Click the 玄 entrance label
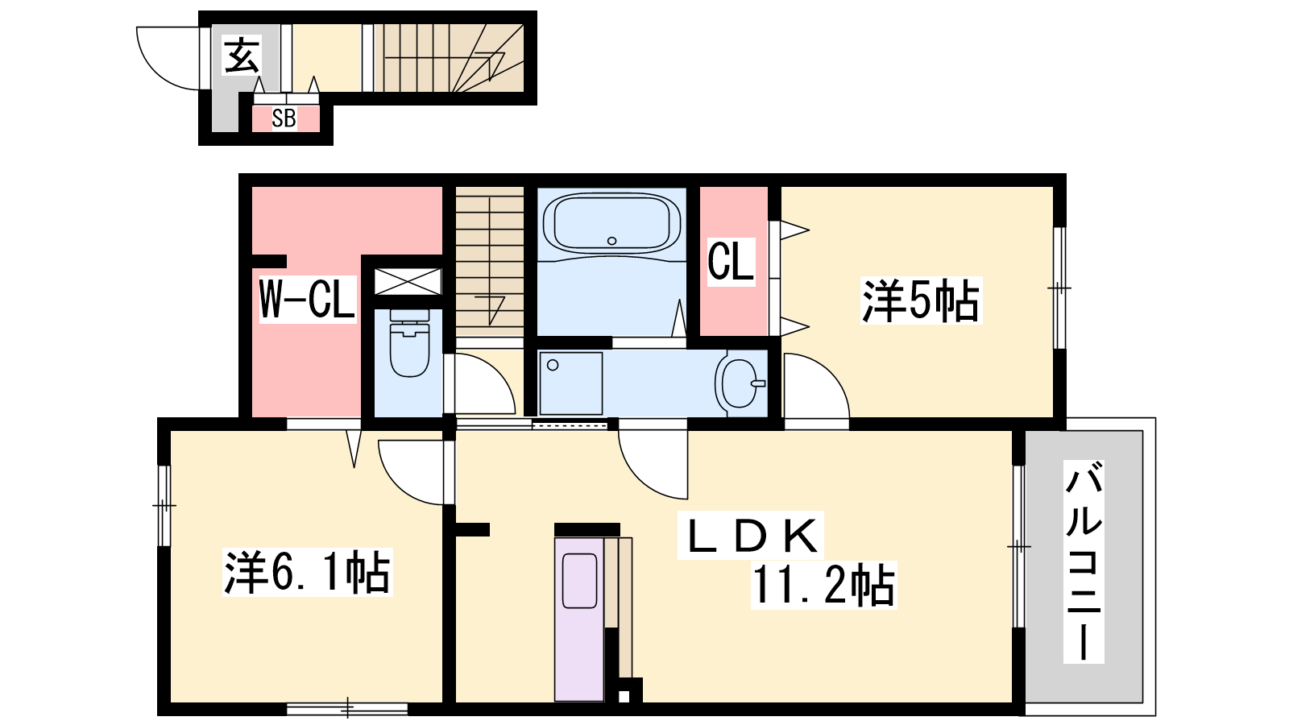pyautogui.click(x=242, y=56)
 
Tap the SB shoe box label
pyautogui.click(x=284, y=118)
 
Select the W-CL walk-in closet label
pyautogui.click(x=307, y=299)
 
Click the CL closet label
pyautogui.click(x=730, y=261)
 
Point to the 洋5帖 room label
pyautogui.click(x=920, y=300)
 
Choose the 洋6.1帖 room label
pyautogui.click(x=307, y=572)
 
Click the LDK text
pyautogui.click(x=750, y=535)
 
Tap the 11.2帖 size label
pyautogui.click(x=823, y=585)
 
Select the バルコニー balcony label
pyautogui.click(x=1084, y=561)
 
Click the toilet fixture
pyautogui.click(x=409, y=343)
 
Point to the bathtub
pyautogui.click(x=611, y=223)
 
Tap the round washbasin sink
pyautogui.click(x=741, y=383)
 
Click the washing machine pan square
pyautogui.click(x=571, y=383)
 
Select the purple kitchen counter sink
pyautogui.click(x=579, y=581)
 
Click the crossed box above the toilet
pyautogui.click(x=408, y=281)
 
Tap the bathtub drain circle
pyautogui.click(x=611, y=241)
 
